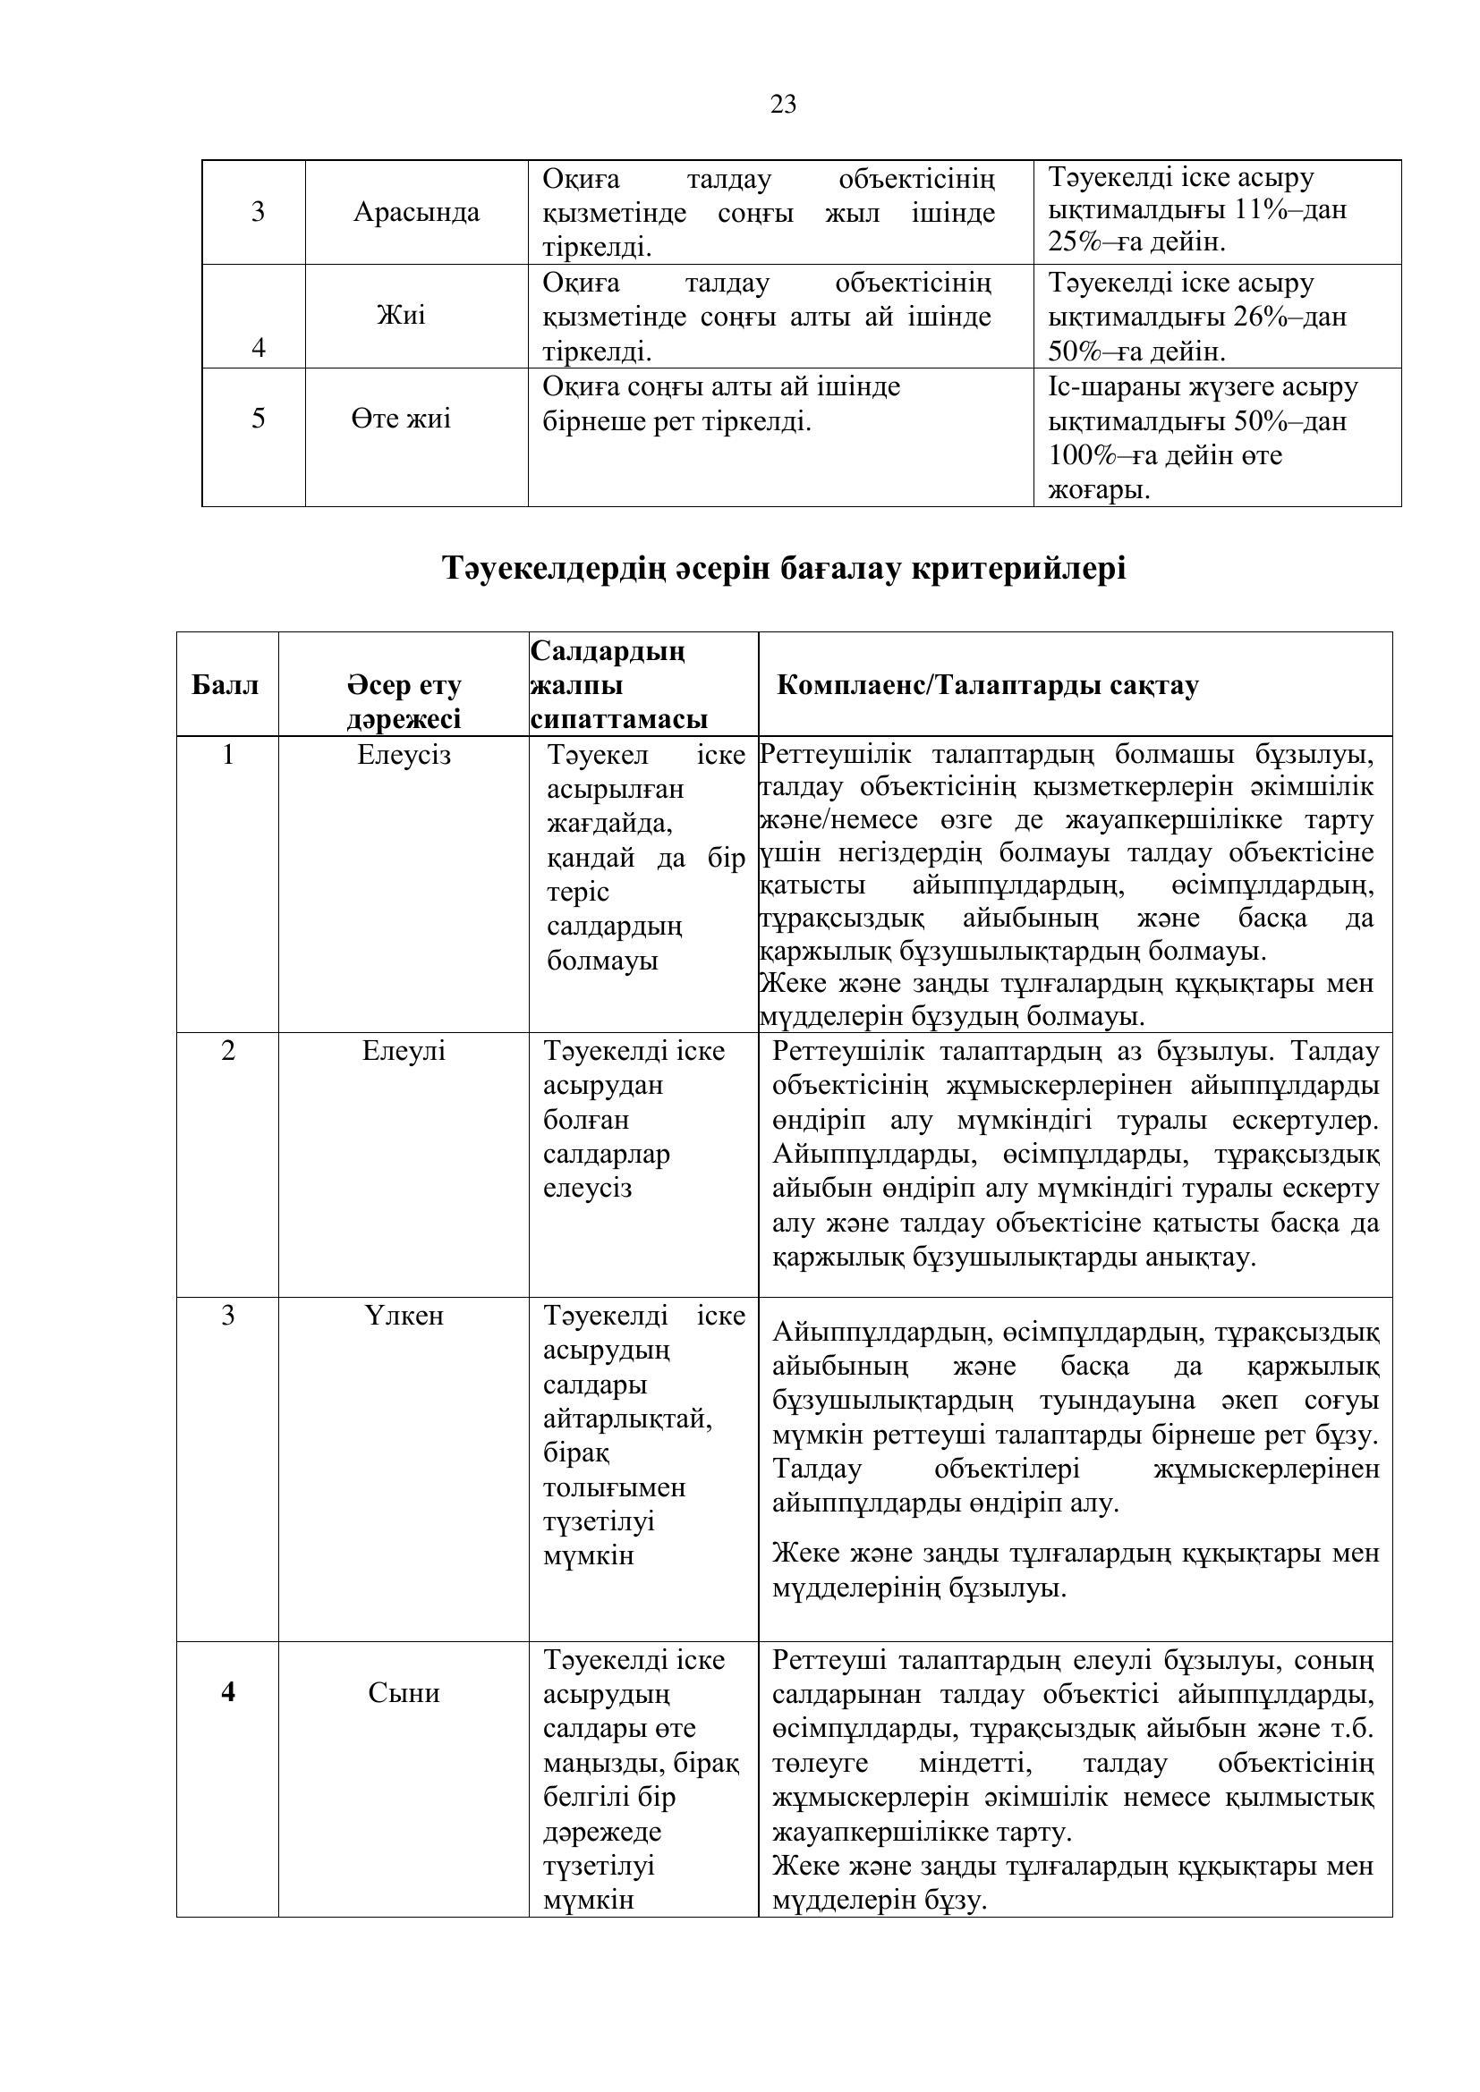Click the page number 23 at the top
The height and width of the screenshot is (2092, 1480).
coord(783,106)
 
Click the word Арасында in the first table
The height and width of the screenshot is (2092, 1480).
coord(416,212)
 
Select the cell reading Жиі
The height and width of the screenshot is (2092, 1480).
coord(401,315)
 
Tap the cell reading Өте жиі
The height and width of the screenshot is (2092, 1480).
coord(401,419)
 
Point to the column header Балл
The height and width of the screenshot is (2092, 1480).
coord(225,685)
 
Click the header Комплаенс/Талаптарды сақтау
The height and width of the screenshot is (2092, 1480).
coord(987,685)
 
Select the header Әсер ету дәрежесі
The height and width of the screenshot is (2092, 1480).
coord(404,701)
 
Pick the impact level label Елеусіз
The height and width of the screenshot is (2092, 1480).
coord(404,756)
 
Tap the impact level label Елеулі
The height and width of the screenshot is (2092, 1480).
coord(404,1051)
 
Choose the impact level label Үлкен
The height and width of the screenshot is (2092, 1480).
coord(404,1316)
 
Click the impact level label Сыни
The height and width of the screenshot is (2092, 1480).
coord(404,1693)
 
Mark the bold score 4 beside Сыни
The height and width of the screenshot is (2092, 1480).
coord(228,1692)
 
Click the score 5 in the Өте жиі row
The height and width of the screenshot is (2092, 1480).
coord(258,419)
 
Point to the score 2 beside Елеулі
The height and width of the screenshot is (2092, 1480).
coord(228,1051)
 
